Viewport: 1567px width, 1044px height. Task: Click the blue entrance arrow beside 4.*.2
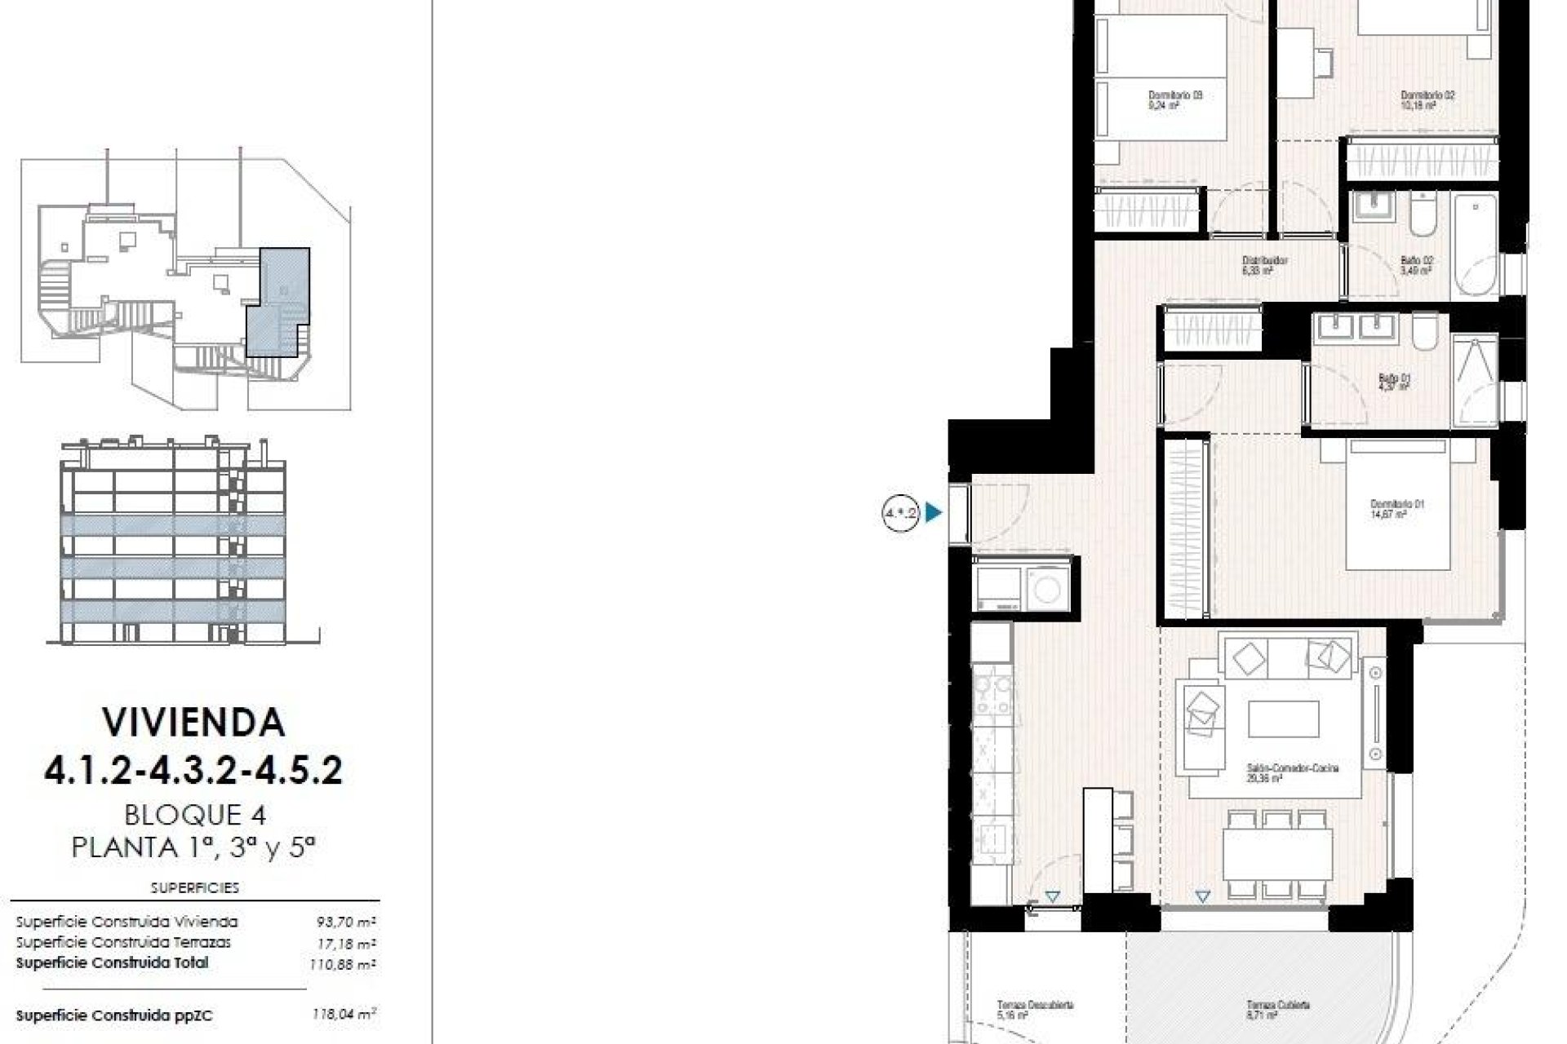pos(933,513)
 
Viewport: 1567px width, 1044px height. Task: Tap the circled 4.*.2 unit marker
pos(900,513)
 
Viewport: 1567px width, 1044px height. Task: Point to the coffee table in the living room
pos(1283,719)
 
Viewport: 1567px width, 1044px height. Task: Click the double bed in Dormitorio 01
pos(1397,504)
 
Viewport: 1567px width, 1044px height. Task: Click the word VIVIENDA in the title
pos(193,722)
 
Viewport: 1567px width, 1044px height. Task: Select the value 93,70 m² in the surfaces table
pos(345,922)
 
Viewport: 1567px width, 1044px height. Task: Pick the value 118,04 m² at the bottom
pos(344,1015)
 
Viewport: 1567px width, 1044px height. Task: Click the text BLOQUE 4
pos(195,814)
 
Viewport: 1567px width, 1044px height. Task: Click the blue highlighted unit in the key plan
pos(278,302)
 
